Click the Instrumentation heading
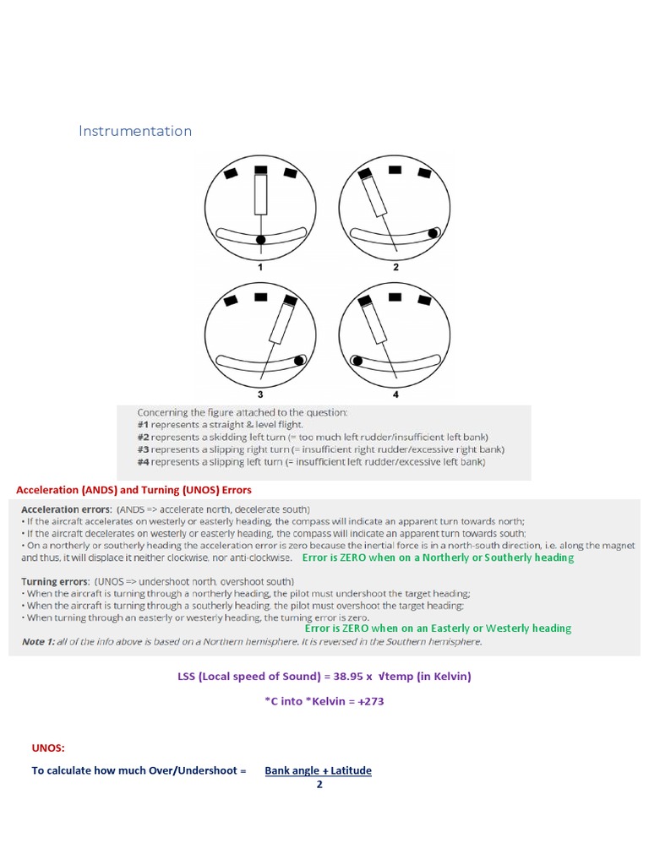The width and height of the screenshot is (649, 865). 135,131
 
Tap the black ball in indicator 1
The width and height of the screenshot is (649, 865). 261,240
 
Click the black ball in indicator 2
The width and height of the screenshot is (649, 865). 434,232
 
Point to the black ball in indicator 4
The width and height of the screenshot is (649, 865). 357,361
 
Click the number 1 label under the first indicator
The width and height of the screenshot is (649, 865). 261,267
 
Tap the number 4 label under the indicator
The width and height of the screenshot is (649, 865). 395,394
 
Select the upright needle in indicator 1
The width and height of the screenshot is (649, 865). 261,196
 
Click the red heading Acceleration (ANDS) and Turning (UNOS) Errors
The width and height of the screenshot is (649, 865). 134,490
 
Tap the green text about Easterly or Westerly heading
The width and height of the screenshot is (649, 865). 438,628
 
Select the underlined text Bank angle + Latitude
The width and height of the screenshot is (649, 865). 318,770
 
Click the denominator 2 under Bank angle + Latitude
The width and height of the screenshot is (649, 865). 319,784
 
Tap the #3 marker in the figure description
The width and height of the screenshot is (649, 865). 144,449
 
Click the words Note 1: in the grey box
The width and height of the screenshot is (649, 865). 38,642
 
